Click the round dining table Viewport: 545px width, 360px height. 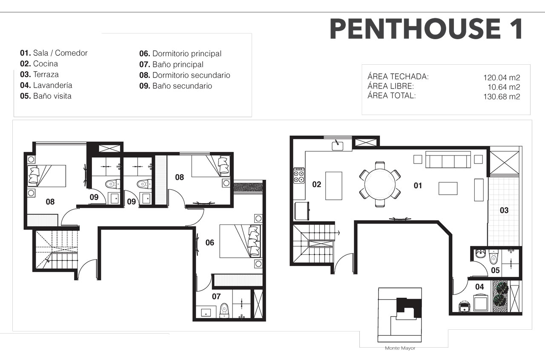coord(380,184)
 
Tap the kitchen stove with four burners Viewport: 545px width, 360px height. coord(299,175)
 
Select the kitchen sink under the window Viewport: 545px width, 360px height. coord(338,146)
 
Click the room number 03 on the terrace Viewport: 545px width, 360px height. coord(504,210)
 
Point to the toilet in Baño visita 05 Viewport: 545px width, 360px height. coord(493,257)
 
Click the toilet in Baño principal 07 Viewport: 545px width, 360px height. coord(224,311)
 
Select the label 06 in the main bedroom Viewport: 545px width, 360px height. coord(210,242)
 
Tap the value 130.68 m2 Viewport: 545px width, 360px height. coord(502,97)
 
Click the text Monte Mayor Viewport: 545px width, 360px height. coord(400,348)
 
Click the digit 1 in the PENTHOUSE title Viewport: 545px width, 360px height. coord(516,29)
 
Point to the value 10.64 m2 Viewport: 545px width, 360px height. coord(504,87)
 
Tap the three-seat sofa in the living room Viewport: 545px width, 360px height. coord(448,159)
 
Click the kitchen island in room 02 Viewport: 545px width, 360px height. coord(334,186)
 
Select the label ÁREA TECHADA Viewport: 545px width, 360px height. coord(398,76)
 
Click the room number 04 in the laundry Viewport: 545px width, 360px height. coord(479,287)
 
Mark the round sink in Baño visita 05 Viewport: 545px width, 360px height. coord(480,254)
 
